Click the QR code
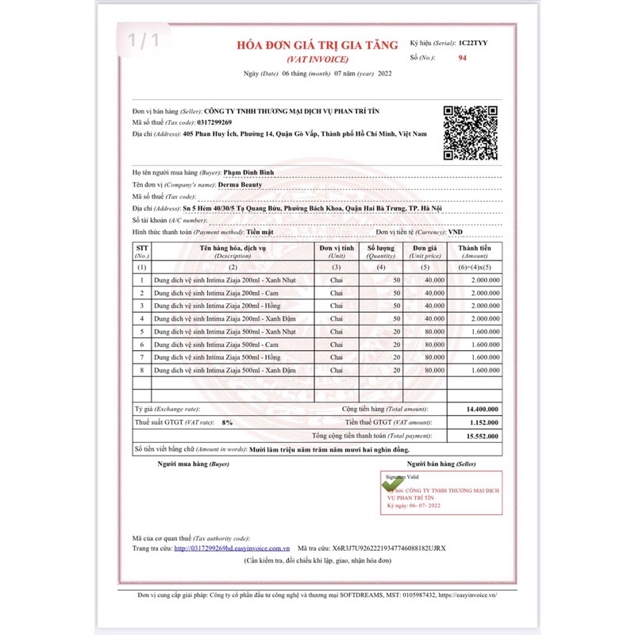[x=469, y=131]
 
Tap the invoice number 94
[x=463, y=58]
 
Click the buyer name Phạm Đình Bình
[x=248, y=172]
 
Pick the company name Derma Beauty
[x=240, y=184]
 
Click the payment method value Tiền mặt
[x=259, y=232]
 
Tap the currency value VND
[x=456, y=232]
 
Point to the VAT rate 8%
[x=227, y=422]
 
